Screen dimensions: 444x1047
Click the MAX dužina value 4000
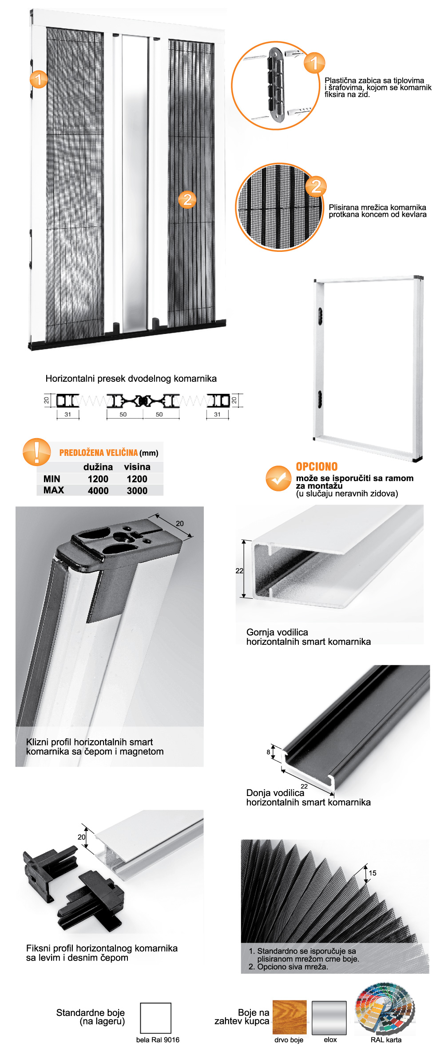[x=98, y=490]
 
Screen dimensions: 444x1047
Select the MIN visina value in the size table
[x=137, y=479]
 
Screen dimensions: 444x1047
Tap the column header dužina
[x=98, y=467]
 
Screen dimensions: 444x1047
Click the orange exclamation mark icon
[x=36, y=451]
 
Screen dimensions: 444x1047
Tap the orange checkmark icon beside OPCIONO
[x=278, y=478]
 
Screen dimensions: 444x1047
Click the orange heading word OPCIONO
[x=317, y=467]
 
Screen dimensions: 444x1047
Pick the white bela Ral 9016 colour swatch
[x=156, y=1018]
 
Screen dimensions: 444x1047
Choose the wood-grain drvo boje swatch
[x=289, y=1017]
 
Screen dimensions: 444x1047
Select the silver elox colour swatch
[x=329, y=1017]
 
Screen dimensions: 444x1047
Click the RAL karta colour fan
[x=385, y=1008]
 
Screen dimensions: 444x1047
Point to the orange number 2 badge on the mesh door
[x=187, y=199]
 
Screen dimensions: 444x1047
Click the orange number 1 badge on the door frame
[x=39, y=79]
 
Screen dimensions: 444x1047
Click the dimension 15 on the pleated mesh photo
[x=373, y=873]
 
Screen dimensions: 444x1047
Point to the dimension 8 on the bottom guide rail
[x=268, y=752]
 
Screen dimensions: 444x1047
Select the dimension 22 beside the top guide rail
[x=239, y=571]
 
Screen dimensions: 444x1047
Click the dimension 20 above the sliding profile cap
[x=180, y=523]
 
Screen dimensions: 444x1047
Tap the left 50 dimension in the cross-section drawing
[x=123, y=414]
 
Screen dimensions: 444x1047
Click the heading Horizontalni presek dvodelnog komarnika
[x=131, y=378]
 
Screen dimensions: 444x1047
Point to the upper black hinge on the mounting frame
[x=320, y=315]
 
